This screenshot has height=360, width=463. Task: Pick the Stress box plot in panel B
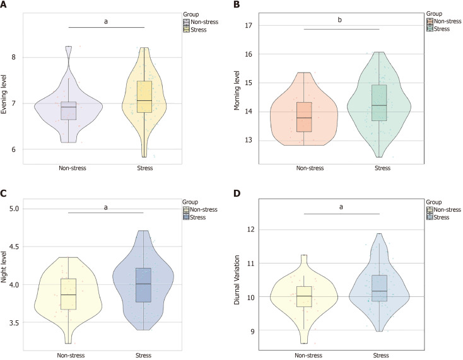coord(378,102)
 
